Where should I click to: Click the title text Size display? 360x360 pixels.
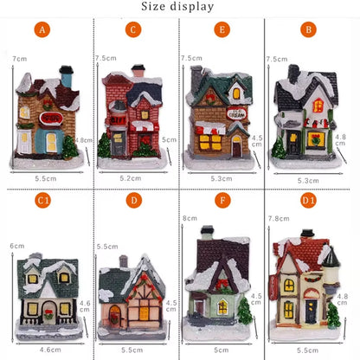[x=177, y=7]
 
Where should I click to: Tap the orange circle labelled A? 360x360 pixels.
[x=42, y=29]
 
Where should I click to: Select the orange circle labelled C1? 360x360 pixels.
[x=42, y=201]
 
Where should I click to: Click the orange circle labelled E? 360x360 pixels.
[x=222, y=29]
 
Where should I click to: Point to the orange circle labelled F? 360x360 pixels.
[x=222, y=201]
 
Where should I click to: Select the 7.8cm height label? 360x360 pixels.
[x=278, y=220]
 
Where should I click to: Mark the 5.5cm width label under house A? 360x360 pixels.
[x=43, y=177]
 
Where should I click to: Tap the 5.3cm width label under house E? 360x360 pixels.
[x=221, y=179]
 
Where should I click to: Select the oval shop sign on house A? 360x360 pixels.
[x=51, y=118]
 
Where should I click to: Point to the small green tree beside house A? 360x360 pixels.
[x=69, y=146]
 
